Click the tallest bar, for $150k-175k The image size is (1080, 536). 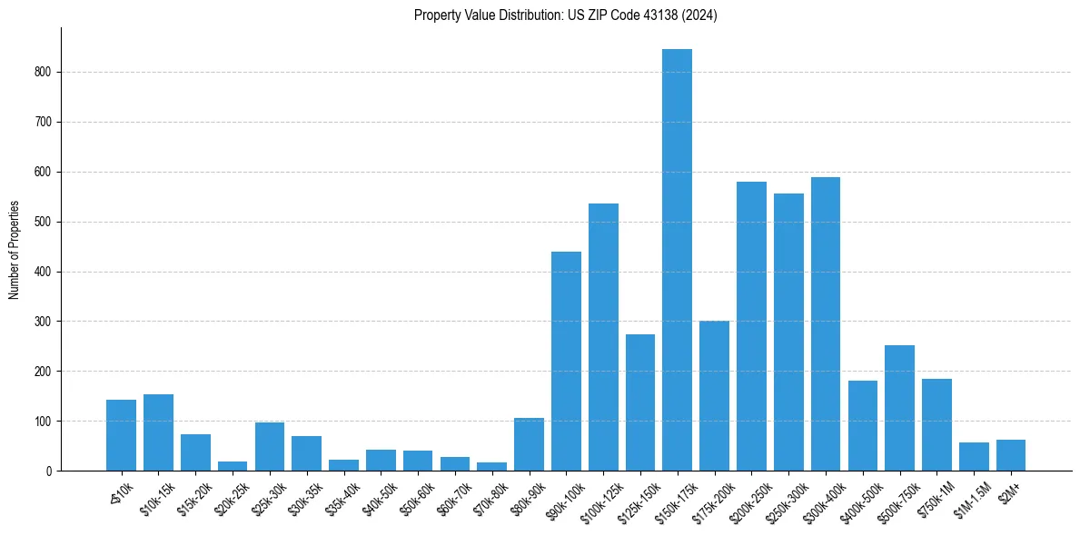pyautogui.click(x=677, y=260)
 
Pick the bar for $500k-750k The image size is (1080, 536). pyautogui.click(x=899, y=408)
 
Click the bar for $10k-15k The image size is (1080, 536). pyautogui.click(x=158, y=432)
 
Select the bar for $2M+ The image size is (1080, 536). pyautogui.click(x=1010, y=455)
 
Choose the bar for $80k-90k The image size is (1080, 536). pyautogui.click(x=529, y=444)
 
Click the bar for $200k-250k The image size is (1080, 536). pyautogui.click(x=751, y=326)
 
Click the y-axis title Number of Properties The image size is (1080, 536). pyautogui.click(x=14, y=249)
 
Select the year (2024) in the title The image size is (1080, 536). pyautogui.click(x=702, y=15)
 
